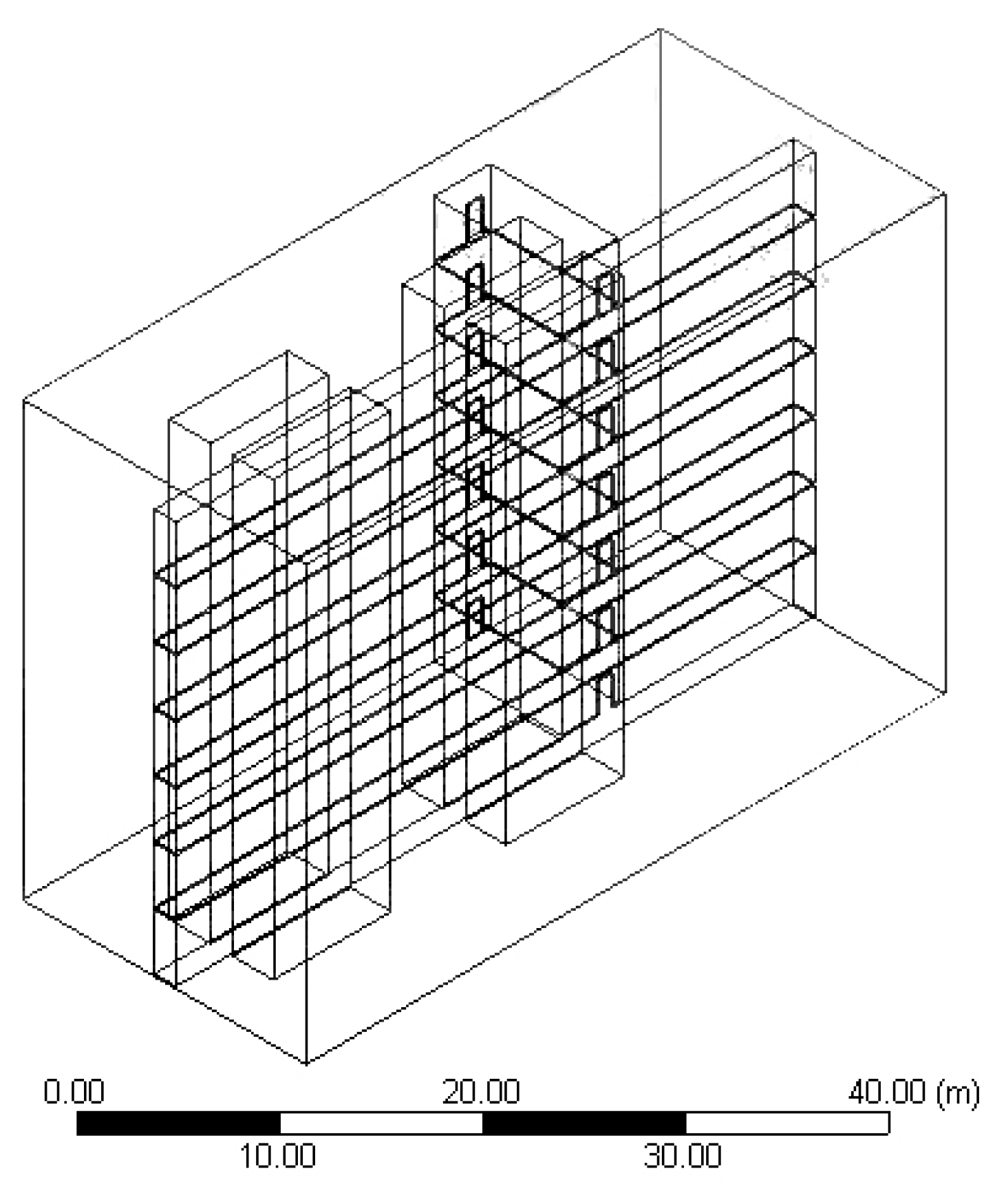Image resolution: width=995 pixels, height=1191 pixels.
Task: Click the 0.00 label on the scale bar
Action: (x=74, y=1093)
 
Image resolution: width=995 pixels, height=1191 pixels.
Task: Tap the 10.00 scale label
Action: (x=277, y=1155)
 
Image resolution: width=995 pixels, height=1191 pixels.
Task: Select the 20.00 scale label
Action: (x=481, y=1093)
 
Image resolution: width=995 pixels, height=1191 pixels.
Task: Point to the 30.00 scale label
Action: (x=683, y=1155)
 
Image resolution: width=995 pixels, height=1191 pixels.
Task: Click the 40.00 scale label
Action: (x=888, y=1093)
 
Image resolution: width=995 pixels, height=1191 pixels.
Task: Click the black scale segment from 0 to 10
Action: (x=178, y=1124)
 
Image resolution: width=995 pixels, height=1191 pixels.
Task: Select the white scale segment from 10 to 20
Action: (x=381, y=1124)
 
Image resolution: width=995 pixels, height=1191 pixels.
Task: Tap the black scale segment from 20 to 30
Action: (x=584, y=1124)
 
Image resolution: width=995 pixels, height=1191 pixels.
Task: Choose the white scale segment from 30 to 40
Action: (x=787, y=1124)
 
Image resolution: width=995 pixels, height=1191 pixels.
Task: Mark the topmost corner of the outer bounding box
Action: (x=661, y=29)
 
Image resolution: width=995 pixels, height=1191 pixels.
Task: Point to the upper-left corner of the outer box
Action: (x=23, y=399)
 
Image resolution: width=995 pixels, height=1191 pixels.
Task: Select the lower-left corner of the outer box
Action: (x=23, y=898)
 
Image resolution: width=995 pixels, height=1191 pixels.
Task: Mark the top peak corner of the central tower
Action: (x=490, y=165)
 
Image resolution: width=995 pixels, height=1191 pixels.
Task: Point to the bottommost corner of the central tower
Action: (x=506, y=844)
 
